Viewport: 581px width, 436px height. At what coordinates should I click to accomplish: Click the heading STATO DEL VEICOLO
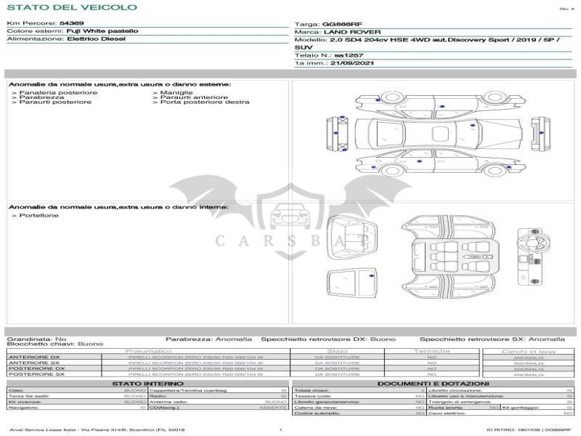point(71,7)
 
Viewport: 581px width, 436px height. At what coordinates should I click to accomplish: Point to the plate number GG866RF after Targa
point(342,24)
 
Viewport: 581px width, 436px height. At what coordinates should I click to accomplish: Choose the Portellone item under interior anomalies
point(39,216)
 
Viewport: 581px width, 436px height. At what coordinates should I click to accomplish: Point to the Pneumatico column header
point(148,351)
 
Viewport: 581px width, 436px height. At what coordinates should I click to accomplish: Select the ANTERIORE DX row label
point(34,357)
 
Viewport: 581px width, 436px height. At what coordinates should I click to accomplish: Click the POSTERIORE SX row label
point(36,374)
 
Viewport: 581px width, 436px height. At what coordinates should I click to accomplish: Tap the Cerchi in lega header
point(528,351)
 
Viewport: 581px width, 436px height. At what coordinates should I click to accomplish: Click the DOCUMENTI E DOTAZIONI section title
point(433,384)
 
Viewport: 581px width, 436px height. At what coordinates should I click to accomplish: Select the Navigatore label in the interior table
point(24,408)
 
